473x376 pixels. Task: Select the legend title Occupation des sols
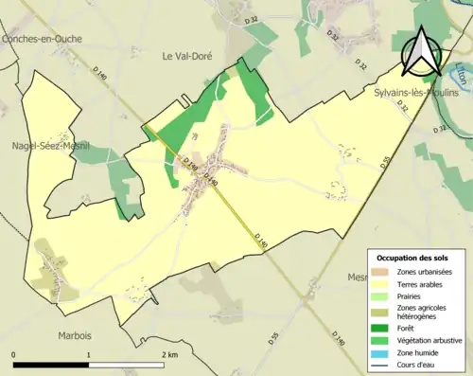click(x=412, y=258)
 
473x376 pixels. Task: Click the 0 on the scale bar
click(x=14, y=354)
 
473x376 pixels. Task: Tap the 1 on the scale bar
click(x=89, y=354)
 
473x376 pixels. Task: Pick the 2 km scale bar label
click(x=170, y=354)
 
